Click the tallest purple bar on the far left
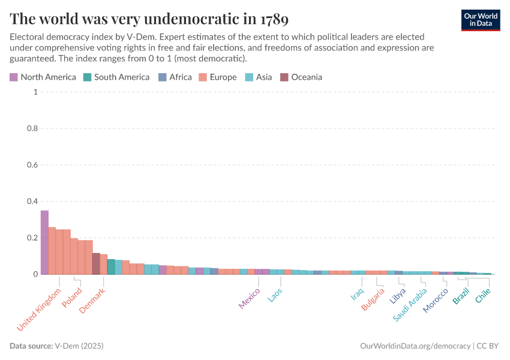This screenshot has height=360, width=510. click(44, 242)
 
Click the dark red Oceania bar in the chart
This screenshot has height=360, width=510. click(96, 264)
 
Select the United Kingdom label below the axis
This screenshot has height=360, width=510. click(40, 310)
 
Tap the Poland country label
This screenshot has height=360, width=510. click(72, 298)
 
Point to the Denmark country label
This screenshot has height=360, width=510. click(92, 300)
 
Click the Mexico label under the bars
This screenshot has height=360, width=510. click(250, 298)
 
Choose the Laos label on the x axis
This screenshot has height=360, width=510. click(275, 295)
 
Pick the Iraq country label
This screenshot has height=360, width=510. click(358, 294)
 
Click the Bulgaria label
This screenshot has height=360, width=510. click(373, 299)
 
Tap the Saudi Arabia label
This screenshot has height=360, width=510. click(410, 304)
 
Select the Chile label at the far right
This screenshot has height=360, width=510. click(483, 295)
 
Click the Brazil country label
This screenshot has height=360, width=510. click(461, 296)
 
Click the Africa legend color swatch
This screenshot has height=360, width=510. click(162, 77)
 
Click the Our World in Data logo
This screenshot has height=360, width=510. click(481, 20)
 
